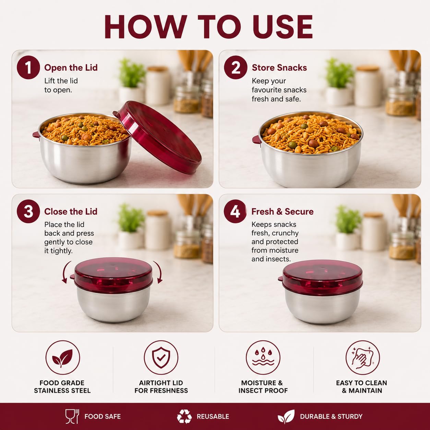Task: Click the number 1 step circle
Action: click(28, 68)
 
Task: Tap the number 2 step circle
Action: click(236, 68)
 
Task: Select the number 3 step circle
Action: click(28, 211)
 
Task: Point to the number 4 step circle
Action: click(235, 211)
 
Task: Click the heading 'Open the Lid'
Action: click(71, 68)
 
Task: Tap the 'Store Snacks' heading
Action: click(279, 68)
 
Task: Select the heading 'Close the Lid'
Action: click(71, 212)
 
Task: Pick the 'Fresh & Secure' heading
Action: click(283, 212)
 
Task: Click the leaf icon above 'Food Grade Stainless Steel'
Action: click(63, 358)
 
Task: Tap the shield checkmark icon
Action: click(161, 358)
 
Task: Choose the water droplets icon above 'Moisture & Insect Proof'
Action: click(263, 358)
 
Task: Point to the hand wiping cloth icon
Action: click(362, 358)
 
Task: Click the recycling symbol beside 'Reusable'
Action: click(184, 416)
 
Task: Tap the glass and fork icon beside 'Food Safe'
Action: click(72, 416)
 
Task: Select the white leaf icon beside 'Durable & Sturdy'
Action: click(286, 416)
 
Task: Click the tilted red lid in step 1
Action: click(158, 137)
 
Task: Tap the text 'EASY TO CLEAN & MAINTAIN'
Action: click(362, 387)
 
